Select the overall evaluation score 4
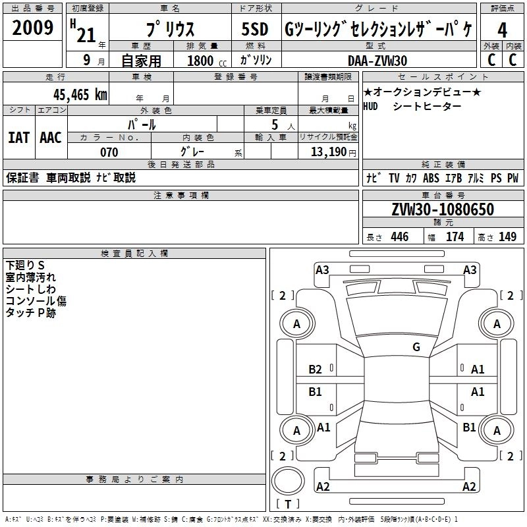502,30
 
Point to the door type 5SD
254,30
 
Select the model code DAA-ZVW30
377,61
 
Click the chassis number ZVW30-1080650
442,209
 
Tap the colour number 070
109,152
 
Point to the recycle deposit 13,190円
333,152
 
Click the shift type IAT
18,138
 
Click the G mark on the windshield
416,347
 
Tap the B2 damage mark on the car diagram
316,370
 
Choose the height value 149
507,237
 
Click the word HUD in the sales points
371,107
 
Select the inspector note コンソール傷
36,301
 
